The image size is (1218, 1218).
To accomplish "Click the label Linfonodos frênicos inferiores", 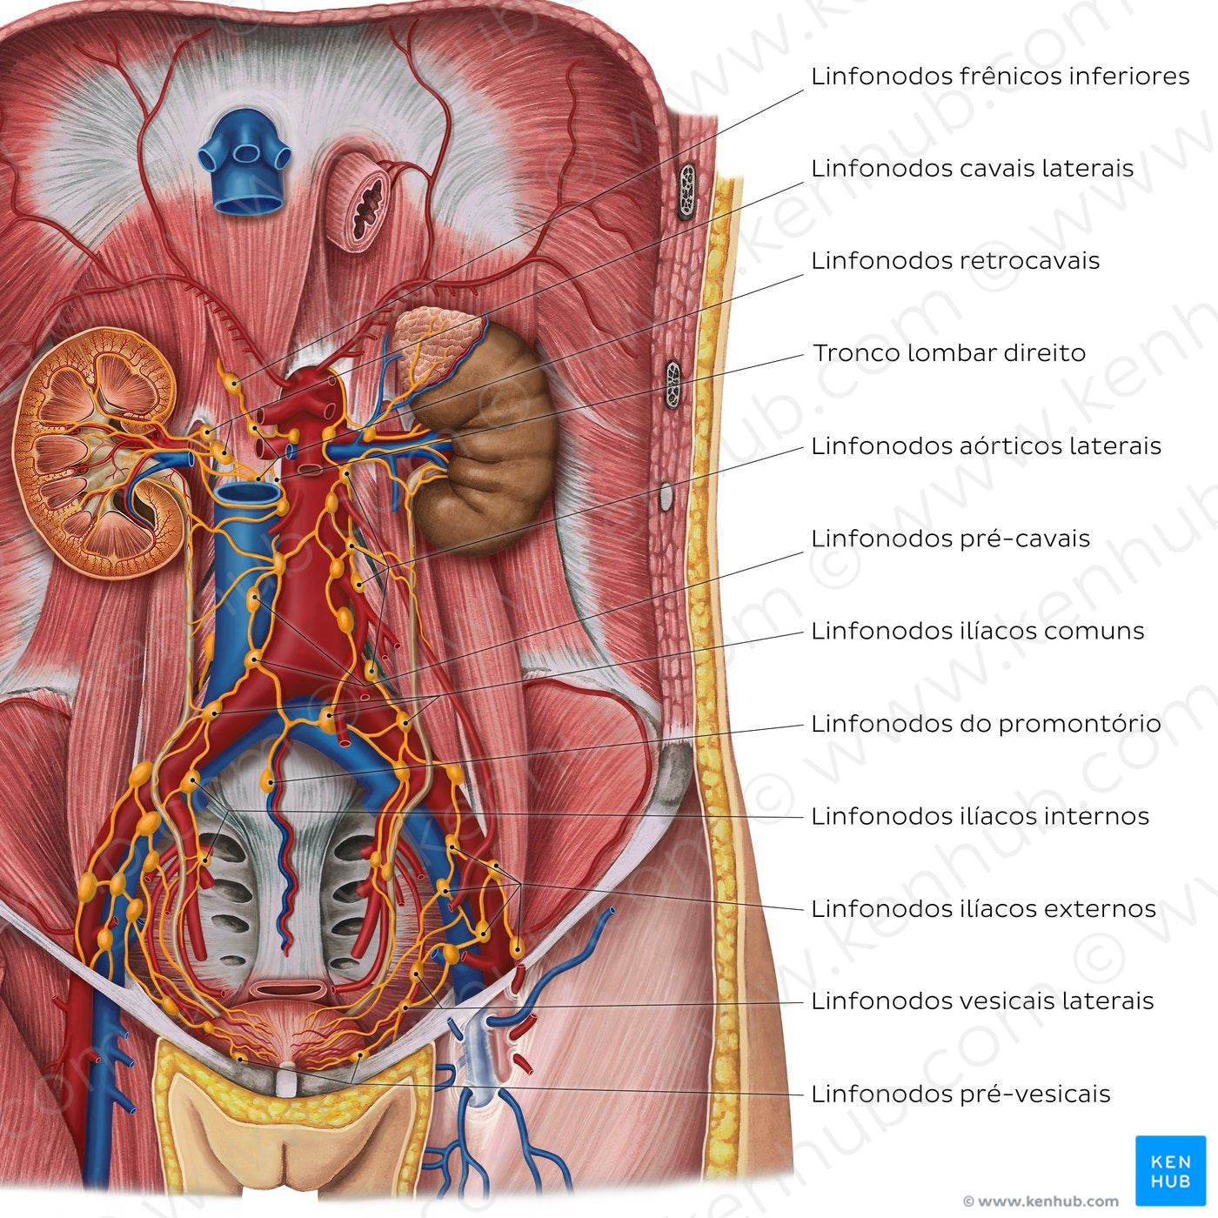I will click(x=1000, y=77).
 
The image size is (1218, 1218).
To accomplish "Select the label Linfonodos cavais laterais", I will click(x=972, y=169).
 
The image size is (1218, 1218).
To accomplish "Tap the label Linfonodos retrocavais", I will click(x=954, y=261).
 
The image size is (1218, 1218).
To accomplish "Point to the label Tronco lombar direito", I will click(x=948, y=353).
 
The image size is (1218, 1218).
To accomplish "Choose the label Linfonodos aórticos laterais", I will click(x=986, y=446).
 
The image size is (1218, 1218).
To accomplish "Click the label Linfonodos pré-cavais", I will click(x=950, y=539).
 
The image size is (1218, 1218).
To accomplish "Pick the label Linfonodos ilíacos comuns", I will click(x=977, y=631).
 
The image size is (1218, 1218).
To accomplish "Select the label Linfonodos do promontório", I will click(x=986, y=724).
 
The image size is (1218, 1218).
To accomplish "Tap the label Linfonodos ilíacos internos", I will click(x=980, y=816).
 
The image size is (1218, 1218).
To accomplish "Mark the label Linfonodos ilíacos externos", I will click(x=983, y=909).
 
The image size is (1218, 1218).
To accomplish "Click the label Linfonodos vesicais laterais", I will click(x=982, y=1001).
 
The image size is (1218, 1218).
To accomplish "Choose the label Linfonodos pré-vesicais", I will click(x=960, y=1094).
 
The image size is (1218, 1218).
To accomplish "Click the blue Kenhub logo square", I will click(x=1170, y=1170).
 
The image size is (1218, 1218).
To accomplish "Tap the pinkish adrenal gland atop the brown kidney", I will click(x=435, y=348).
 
